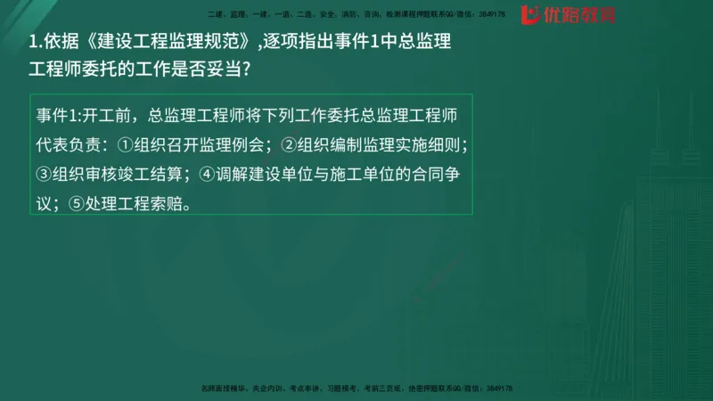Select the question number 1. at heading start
pyautogui.click(x=37, y=40)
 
